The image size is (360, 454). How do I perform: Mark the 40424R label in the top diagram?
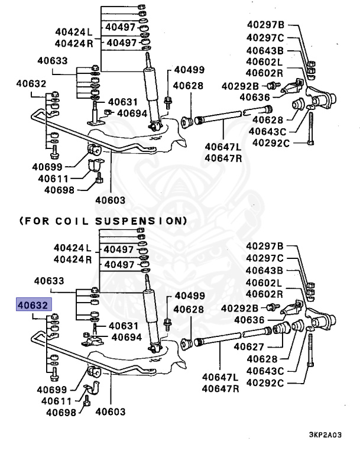73,43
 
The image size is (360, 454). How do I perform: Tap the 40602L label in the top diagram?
264,62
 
